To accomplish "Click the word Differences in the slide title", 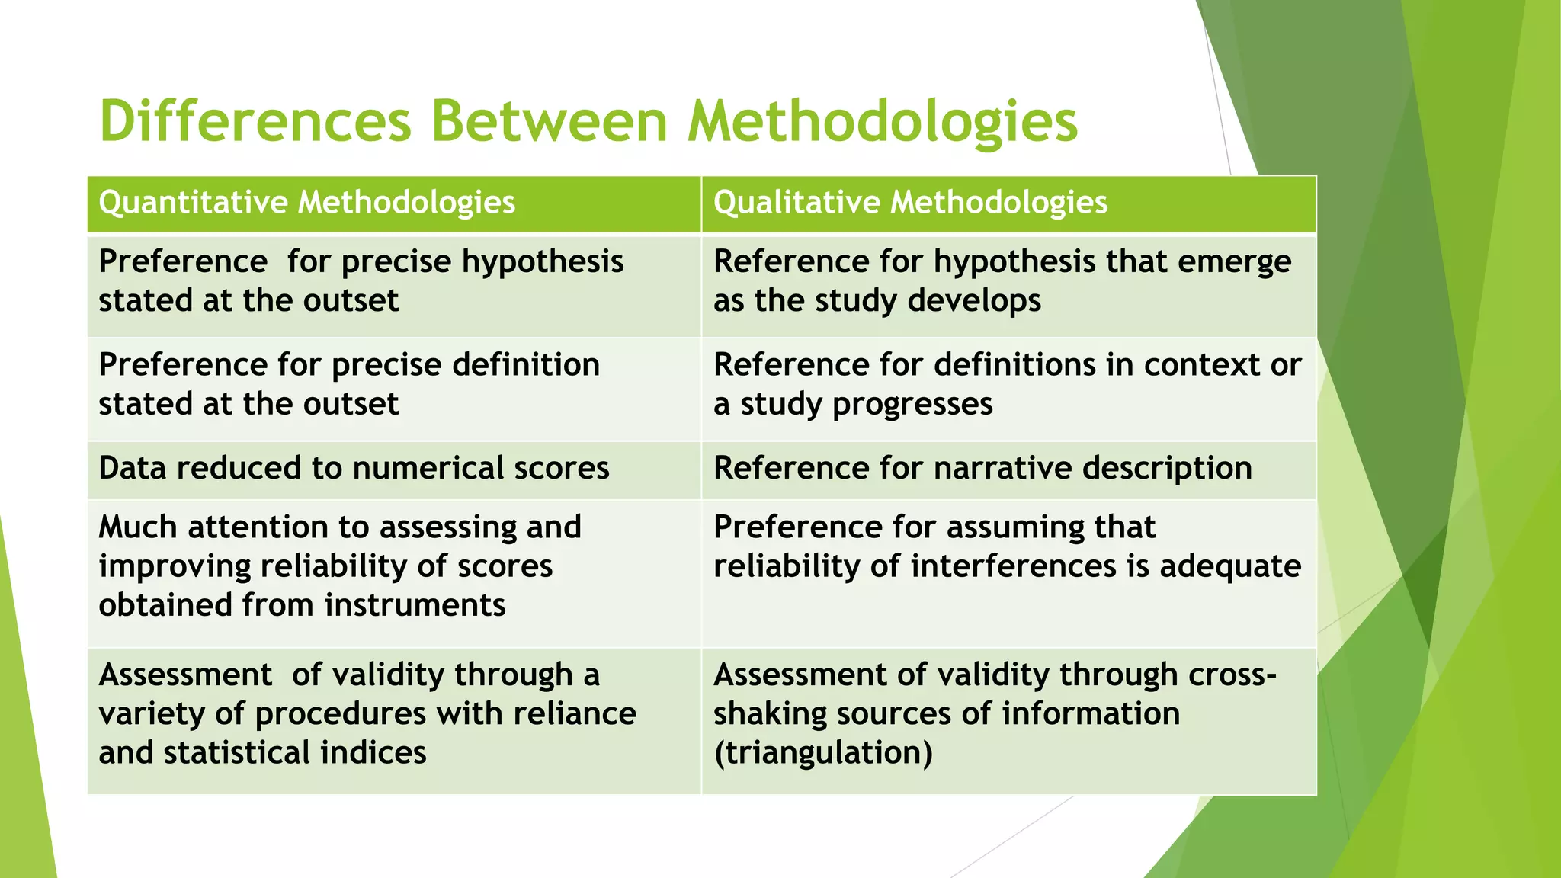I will coord(256,122).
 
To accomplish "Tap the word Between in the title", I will coord(550,122).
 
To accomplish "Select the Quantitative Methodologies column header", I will coord(307,203).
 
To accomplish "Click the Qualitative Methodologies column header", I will coord(910,203).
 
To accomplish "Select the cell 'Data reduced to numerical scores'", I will coord(354,468).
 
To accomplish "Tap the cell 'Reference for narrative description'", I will coord(982,468).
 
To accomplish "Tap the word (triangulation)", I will coord(823,753).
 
